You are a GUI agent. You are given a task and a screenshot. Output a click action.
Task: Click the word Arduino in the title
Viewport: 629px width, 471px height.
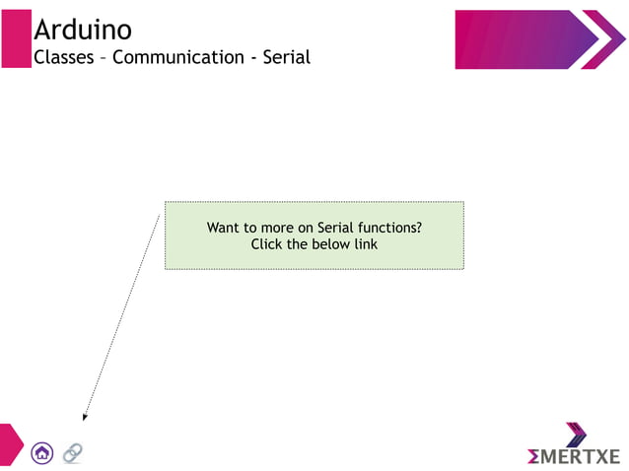pos(82,30)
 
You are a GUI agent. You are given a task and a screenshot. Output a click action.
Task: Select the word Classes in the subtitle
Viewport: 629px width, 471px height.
pos(64,57)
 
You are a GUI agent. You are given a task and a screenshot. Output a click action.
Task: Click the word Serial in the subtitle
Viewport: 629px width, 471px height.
pos(286,57)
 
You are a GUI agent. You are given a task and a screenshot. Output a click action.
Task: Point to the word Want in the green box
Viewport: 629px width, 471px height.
pos(225,228)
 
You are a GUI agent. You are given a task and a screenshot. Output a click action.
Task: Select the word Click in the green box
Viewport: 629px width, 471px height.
pos(267,244)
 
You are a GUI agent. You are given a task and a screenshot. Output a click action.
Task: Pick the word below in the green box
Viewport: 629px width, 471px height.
pos(330,244)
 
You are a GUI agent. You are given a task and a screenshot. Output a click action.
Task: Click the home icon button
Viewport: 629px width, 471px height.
pos(42,453)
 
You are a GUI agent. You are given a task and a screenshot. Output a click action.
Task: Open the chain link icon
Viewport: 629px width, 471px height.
pos(72,453)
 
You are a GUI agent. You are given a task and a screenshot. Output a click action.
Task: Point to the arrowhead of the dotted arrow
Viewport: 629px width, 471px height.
pos(85,417)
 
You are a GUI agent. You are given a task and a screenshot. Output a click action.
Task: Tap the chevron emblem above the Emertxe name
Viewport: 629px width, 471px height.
pos(576,435)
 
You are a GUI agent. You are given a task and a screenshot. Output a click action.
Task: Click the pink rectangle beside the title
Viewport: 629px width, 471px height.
pos(16,39)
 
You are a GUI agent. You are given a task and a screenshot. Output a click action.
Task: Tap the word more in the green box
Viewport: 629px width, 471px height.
pos(277,228)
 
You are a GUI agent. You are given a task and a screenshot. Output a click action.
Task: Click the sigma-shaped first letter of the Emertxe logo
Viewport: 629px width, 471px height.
pos(533,456)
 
